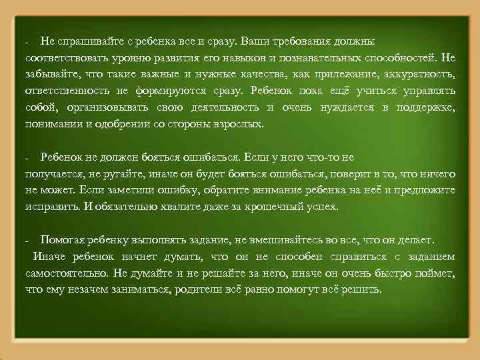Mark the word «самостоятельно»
66,273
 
